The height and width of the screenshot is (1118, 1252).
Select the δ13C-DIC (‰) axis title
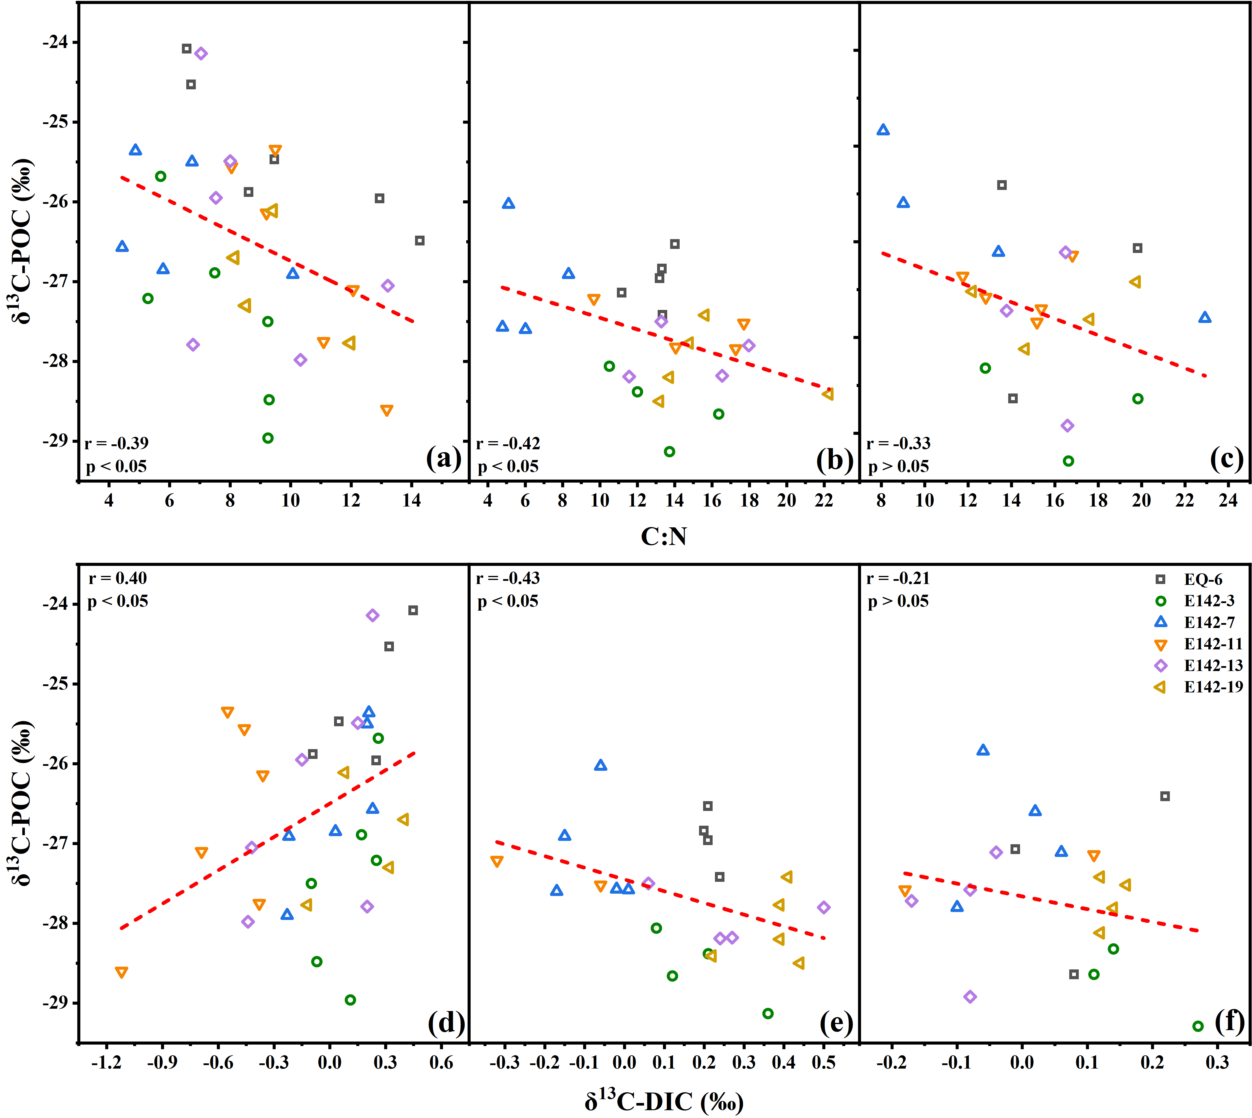click(x=664, y=1101)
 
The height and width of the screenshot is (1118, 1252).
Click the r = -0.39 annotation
click(x=116, y=443)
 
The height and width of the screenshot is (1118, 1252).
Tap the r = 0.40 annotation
click(x=117, y=578)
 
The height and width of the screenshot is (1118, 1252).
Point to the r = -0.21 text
click(x=898, y=578)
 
